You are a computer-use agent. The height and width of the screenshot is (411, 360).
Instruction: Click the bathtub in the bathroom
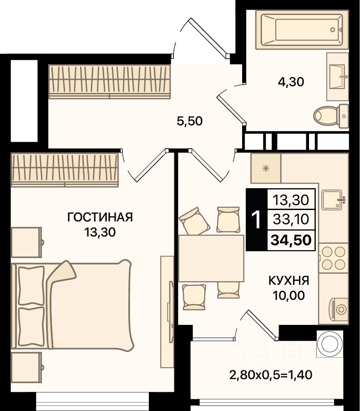[x=302, y=30]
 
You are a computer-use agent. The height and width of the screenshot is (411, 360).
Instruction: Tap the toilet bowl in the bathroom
[x=331, y=116]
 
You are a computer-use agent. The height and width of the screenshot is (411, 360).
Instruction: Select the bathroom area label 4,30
[x=291, y=82]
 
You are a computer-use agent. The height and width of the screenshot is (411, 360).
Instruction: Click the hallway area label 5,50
[x=190, y=121]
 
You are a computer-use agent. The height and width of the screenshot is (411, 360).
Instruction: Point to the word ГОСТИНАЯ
[x=100, y=217]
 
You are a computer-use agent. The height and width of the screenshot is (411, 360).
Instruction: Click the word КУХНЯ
[x=289, y=281]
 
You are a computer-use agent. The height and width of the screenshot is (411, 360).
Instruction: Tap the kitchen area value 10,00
[x=289, y=295]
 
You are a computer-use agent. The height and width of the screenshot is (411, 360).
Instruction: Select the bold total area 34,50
[x=291, y=240]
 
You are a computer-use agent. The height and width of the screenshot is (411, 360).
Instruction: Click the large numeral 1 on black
[x=256, y=220]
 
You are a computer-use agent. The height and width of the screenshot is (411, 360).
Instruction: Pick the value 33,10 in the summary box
[x=291, y=219]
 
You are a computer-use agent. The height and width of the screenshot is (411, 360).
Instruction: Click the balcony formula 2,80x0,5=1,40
[x=271, y=375]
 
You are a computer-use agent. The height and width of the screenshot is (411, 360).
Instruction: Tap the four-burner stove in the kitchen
[x=334, y=258]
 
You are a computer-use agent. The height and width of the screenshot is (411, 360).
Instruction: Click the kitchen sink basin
[x=332, y=200]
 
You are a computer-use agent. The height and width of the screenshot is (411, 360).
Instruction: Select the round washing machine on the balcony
[x=330, y=344]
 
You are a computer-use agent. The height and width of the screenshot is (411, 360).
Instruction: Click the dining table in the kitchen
[x=211, y=258]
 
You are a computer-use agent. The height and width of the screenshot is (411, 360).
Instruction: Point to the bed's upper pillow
[x=31, y=285]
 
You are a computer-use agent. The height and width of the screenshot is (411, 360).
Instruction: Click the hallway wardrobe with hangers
[x=110, y=82]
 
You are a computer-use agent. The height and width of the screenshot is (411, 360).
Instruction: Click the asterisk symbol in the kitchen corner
[x=266, y=168]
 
